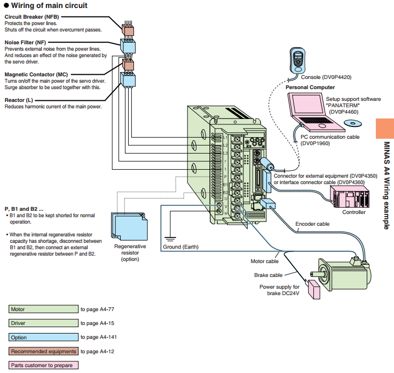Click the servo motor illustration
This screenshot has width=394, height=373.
[342, 273]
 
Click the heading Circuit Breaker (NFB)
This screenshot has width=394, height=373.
[31, 17]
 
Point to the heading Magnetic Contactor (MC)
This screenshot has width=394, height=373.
[37, 75]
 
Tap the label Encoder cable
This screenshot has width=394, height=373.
[312, 224]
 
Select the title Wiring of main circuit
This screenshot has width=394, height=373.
[49, 5]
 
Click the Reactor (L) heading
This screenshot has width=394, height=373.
[19, 100]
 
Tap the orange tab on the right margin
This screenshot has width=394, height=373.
[385, 128]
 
